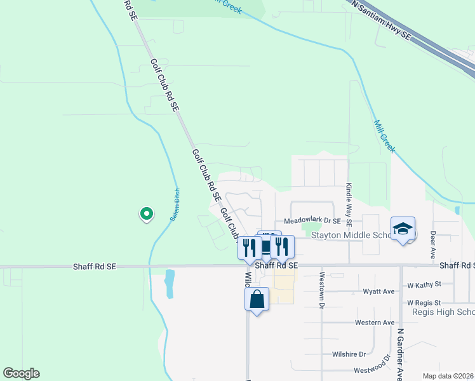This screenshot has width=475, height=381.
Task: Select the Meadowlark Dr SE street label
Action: (312, 221)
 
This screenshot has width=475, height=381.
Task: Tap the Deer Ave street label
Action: (433, 241)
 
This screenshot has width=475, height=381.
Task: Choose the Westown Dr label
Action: (322, 290)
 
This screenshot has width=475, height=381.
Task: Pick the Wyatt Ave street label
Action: (378, 291)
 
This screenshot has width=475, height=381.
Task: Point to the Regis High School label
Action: (443, 312)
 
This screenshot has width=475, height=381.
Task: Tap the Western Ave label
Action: (375, 323)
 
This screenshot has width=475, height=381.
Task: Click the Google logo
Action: (21, 373)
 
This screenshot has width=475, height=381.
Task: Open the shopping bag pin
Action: (257, 299)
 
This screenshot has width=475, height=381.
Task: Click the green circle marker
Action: (146, 214)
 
